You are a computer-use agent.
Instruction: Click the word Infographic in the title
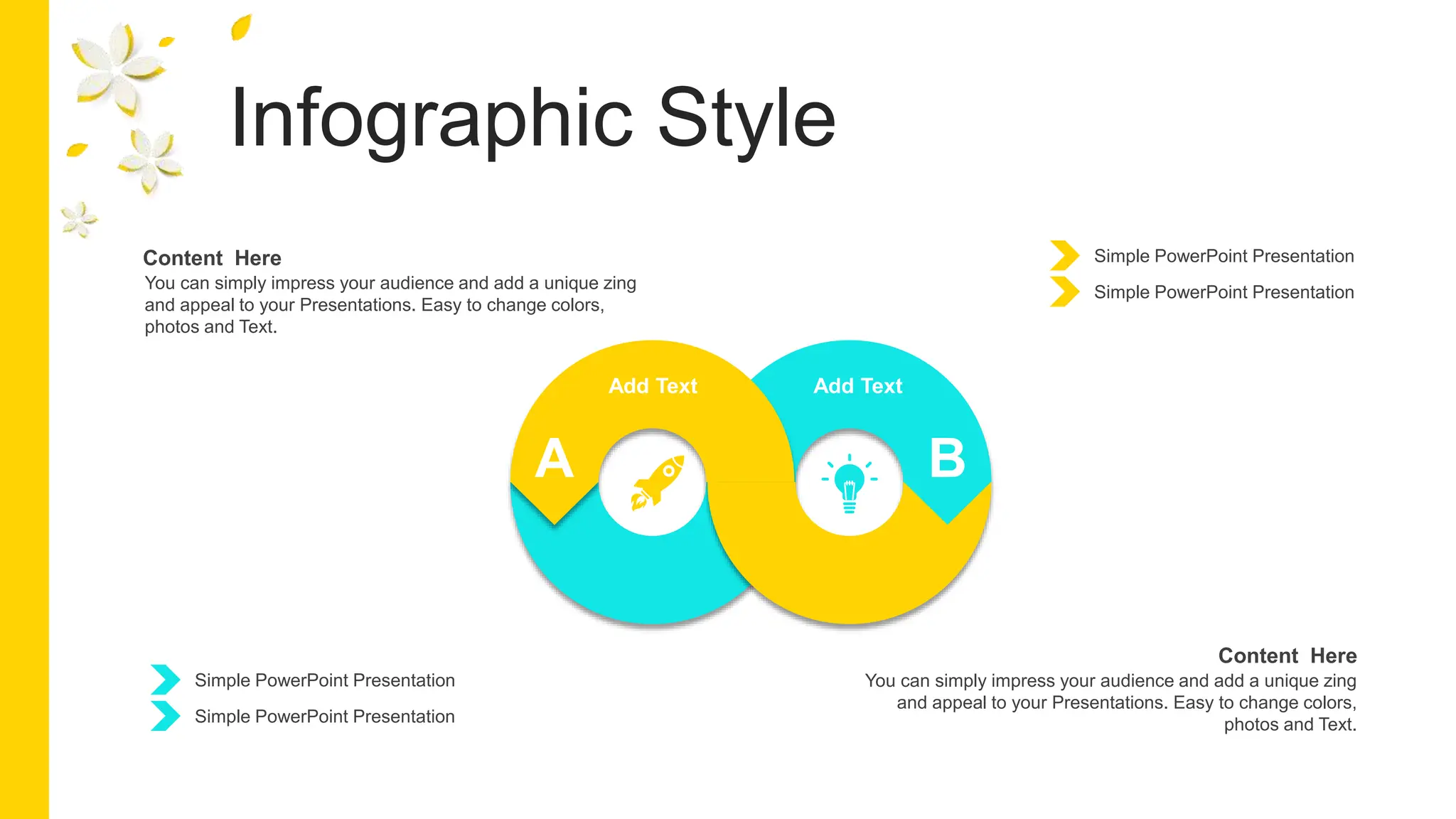(431, 119)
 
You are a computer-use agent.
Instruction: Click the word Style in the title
(746, 119)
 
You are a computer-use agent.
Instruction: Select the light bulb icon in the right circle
(850, 483)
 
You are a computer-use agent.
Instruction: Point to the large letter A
(554, 459)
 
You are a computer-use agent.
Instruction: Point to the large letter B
(947, 459)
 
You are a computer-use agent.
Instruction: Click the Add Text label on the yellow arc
(653, 386)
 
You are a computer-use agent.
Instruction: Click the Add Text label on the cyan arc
(857, 386)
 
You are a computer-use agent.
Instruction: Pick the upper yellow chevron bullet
(1064, 256)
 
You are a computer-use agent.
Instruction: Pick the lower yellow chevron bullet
(1064, 292)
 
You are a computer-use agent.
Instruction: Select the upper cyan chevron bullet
(165, 680)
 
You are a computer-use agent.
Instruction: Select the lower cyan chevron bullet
(165, 716)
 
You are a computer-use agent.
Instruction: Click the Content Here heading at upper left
(212, 258)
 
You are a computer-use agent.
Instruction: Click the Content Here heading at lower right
(1287, 655)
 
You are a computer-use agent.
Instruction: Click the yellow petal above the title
(241, 28)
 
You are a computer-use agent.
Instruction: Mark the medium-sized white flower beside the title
(150, 160)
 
